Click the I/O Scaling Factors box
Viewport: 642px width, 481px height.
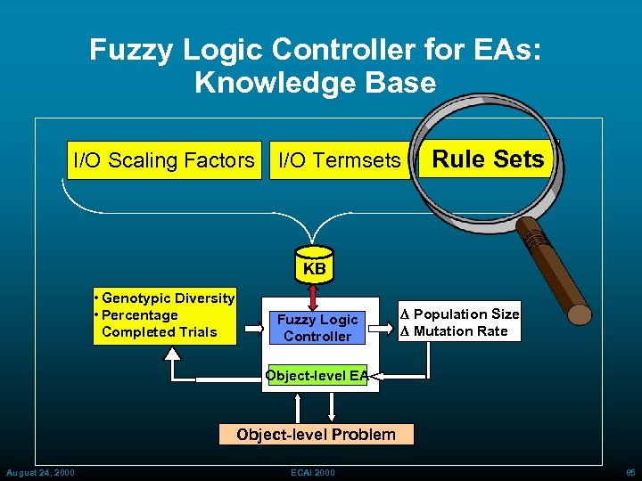(x=164, y=160)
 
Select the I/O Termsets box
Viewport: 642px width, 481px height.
(x=340, y=160)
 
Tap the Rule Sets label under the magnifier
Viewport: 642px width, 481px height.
(x=488, y=159)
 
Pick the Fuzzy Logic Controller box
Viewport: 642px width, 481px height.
(x=317, y=328)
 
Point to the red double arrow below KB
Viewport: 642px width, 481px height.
(x=314, y=293)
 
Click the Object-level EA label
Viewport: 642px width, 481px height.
(x=317, y=376)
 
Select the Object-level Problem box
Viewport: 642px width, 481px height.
(x=316, y=435)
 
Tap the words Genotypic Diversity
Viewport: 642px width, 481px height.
(x=169, y=298)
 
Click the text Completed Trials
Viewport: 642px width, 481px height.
(x=160, y=332)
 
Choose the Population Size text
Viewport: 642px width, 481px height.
(x=465, y=314)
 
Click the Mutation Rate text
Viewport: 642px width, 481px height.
(x=460, y=331)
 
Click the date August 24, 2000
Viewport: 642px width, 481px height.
(x=40, y=471)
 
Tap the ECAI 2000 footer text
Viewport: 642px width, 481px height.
(x=312, y=471)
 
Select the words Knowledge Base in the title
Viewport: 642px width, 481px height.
(x=315, y=83)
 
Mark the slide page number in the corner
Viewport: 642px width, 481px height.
(x=630, y=471)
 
